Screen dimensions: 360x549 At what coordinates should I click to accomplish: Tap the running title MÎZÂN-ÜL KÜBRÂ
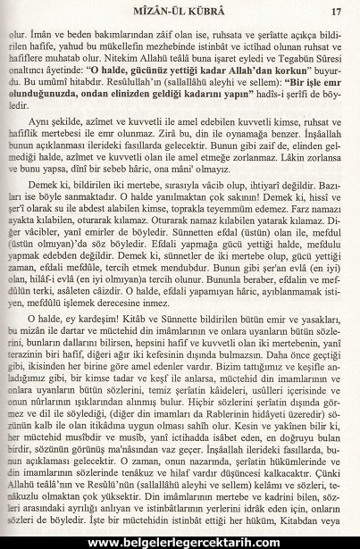pos(178,12)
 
